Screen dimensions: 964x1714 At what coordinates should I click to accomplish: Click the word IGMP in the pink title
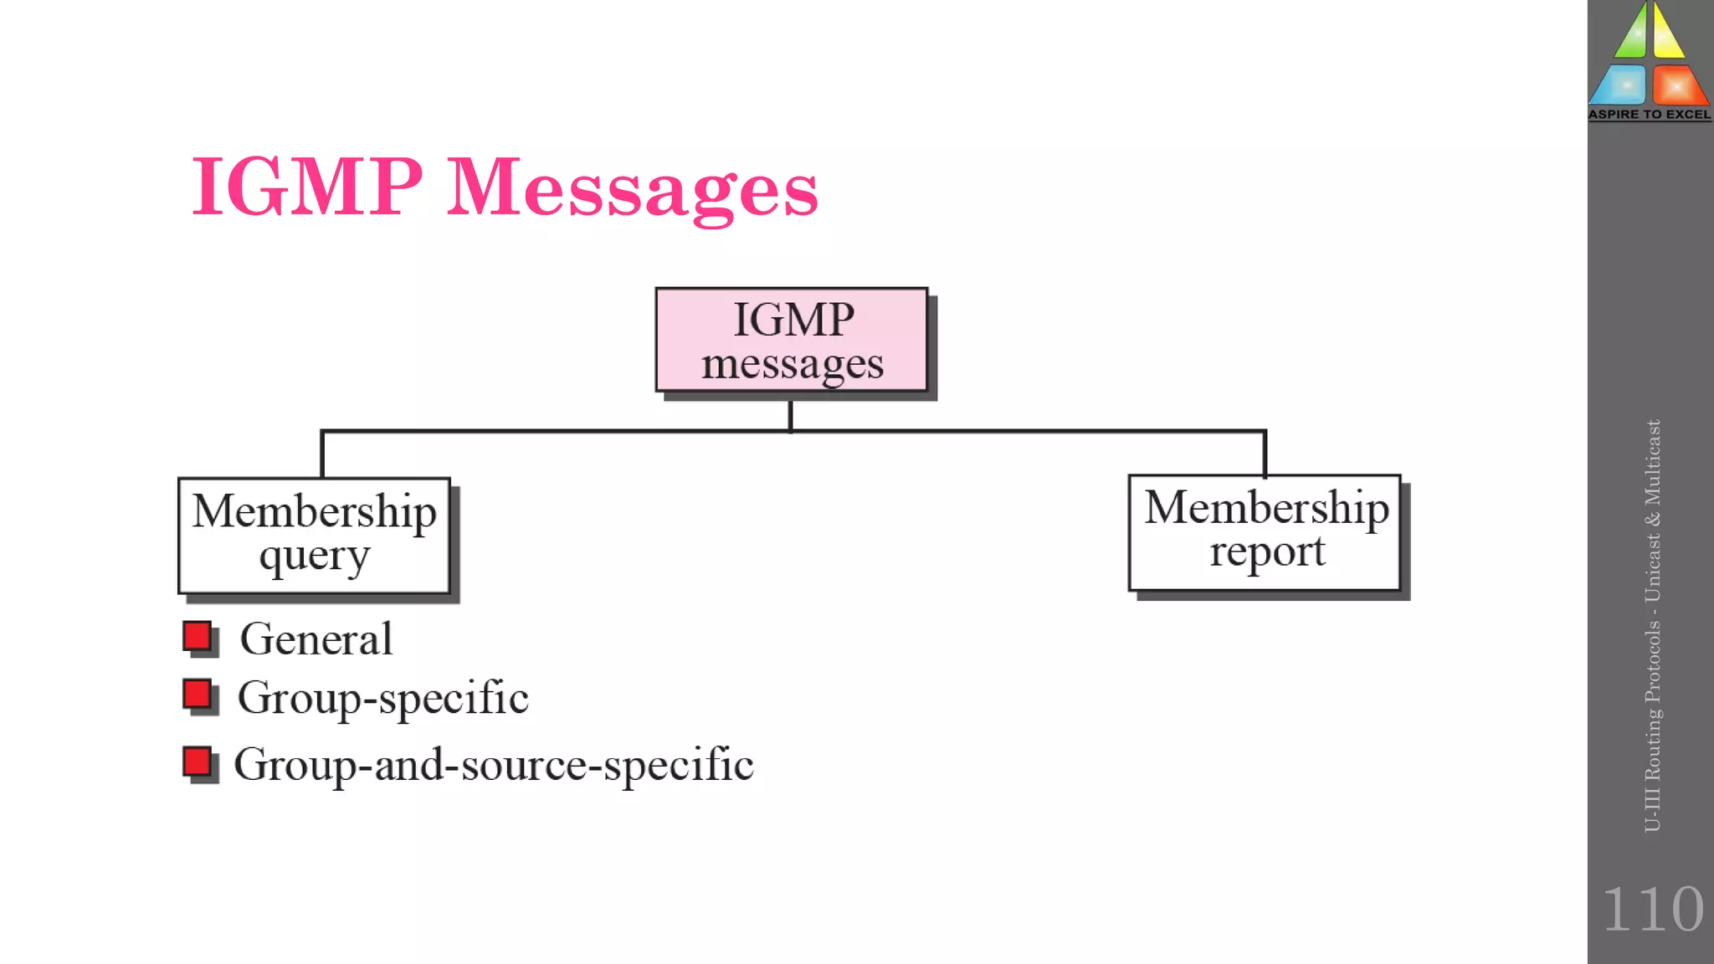tap(306, 187)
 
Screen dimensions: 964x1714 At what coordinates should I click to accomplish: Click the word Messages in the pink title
tap(632, 189)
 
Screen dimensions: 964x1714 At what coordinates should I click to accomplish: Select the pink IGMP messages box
tap(791, 340)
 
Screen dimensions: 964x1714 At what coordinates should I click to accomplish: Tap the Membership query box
tap(314, 536)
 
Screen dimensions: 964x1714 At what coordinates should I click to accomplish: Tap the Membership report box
tap(1264, 532)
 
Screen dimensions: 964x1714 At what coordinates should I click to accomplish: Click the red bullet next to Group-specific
tap(198, 695)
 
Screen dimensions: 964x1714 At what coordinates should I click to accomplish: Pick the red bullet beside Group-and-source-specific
tap(198, 763)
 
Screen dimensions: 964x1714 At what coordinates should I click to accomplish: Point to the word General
tap(316, 639)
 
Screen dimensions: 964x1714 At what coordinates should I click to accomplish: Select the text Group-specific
tap(382, 698)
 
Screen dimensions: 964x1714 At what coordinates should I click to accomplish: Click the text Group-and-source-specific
tap(493, 765)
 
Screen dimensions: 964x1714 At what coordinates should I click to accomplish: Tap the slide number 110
tap(1652, 909)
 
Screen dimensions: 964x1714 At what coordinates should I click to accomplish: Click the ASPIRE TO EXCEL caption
tap(1650, 115)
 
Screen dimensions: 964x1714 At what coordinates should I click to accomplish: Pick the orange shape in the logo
tap(1677, 85)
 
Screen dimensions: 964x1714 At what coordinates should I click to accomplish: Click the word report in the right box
tap(1266, 552)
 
